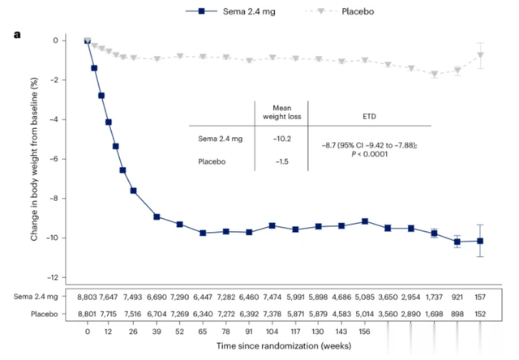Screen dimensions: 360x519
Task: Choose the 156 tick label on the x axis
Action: pyautogui.click(x=365, y=332)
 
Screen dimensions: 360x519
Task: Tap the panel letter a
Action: pyautogui.click(x=16, y=35)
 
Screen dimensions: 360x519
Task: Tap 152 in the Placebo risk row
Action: pyautogui.click(x=481, y=313)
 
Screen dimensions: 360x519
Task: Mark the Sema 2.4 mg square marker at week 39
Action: pyautogui.click(x=157, y=217)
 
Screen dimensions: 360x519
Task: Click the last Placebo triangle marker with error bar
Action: pyautogui.click(x=481, y=55)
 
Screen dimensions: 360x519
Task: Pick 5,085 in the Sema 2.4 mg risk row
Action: pyautogui.click(x=365, y=298)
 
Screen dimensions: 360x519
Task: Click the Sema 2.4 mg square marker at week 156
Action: pyautogui.click(x=365, y=221)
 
